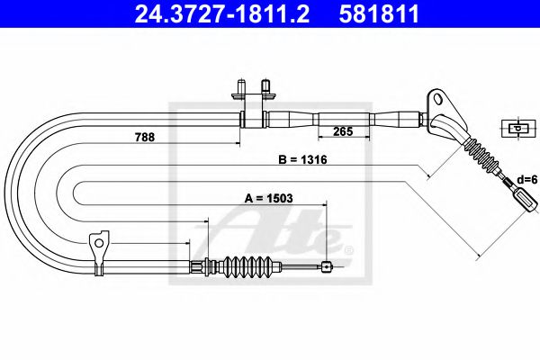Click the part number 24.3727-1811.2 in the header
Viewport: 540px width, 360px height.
click(x=221, y=13)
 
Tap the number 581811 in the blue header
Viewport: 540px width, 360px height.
click(x=379, y=13)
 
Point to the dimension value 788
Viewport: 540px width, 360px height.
click(x=145, y=137)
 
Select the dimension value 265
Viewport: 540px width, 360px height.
click(x=343, y=131)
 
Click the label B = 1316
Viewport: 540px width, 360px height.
click(x=302, y=159)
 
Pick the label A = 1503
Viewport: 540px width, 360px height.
click(x=268, y=198)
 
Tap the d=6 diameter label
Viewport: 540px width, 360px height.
click(x=526, y=179)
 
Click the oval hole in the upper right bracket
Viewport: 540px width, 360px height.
click(x=438, y=98)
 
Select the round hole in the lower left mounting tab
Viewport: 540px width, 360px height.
click(x=99, y=243)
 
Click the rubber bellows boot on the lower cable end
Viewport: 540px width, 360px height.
click(x=248, y=266)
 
